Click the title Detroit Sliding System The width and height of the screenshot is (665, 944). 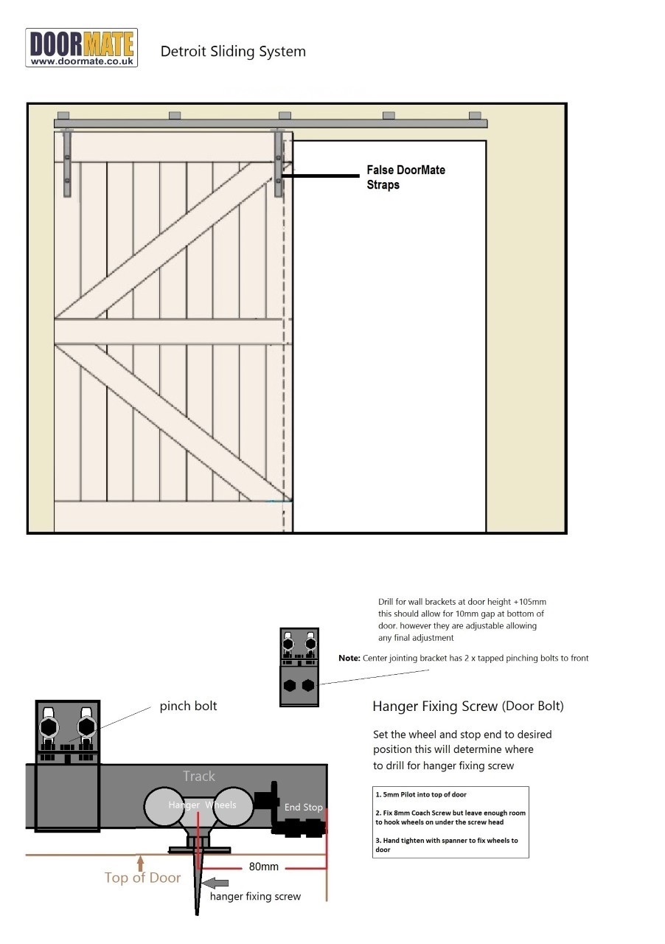(x=233, y=52)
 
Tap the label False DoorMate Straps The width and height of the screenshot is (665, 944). (x=405, y=177)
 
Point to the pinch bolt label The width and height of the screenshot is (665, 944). (x=188, y=706)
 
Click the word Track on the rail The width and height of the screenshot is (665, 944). (x=199, y=776)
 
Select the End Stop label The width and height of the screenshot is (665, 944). (x=303, y=807)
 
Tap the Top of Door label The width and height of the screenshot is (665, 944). (x=142, y=878)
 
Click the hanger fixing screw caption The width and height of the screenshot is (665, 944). (x=255, y=897)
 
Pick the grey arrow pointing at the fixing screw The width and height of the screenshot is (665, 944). (x=215, y=883)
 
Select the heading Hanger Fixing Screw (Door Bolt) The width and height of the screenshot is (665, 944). (x=467, y=706)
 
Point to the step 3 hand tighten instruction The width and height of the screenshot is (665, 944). (x=450, y=844)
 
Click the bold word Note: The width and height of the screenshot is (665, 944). (x=349, y=658)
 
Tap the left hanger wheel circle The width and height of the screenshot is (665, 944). (x=166, y=805)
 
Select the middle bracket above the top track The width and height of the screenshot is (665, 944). (x=285, y=115)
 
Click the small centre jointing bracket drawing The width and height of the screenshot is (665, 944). (x=299, y=667)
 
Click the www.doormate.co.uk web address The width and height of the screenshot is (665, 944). (x=82, y=62)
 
